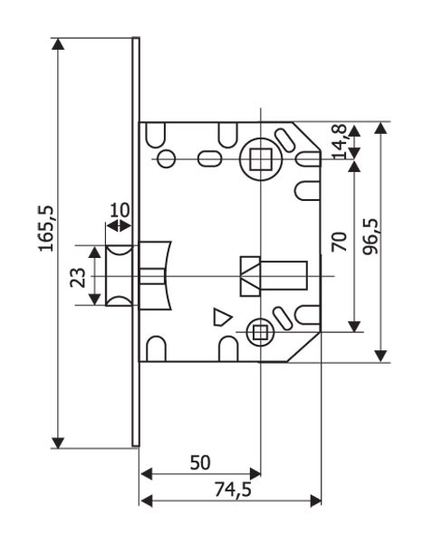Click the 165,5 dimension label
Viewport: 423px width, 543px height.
pos(46,229)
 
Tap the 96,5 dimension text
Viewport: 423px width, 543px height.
pos(370,237)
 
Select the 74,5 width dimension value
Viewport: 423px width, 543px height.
pos(233,490)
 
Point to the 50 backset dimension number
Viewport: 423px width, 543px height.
pos(200,462)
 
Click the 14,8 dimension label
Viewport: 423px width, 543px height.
pos(340,141)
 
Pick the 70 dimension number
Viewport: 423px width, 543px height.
pos(339,242)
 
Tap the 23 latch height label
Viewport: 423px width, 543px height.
pos(78,278)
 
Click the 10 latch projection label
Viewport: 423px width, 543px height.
pos(120,210)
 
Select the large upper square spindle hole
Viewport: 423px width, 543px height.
pos(261,159)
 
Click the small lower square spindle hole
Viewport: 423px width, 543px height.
pos(260,332)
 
